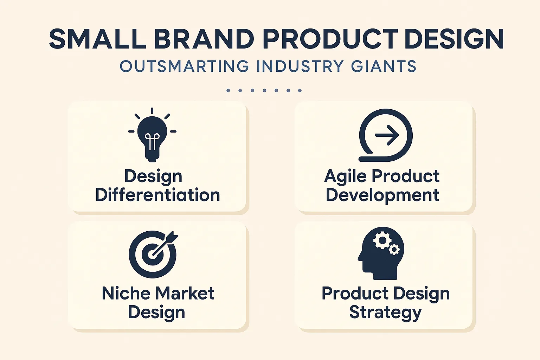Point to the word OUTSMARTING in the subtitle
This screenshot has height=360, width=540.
pyautogui.click(x=185, y=66)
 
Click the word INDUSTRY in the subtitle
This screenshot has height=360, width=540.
pyautogui.click(x=300, y=66)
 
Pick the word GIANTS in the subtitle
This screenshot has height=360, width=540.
pyautogui.click(x=384, y=66)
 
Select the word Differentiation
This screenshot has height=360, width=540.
pyautogui.click(x=157, y=195)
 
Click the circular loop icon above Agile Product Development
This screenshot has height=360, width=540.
pyautogui.click(x=385, y=135)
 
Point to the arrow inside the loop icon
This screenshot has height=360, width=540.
pyautogui.click(x=387, y=135)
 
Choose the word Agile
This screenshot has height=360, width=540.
pyautogui.click(x=346, y=176)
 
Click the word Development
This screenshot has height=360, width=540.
pyautogui.click(x=382, y=195)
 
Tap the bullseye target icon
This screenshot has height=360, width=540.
pyautogui.click(x=153, y=254)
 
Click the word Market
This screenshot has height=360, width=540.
pyautogui.click(x=185, y=293)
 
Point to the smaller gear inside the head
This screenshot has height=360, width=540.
pyautogui.click(x=394, y=250)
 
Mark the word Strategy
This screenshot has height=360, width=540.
pyautogui.click(x=385, y=313)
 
